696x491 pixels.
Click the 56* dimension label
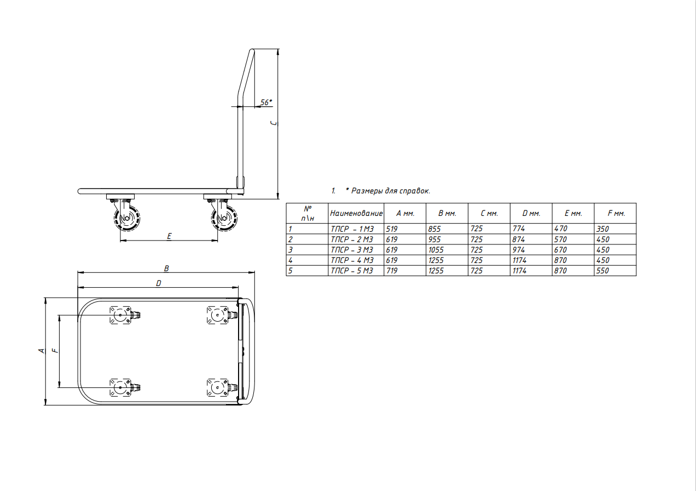pyautogui.click(x=266, y=102)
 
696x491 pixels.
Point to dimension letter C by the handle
pyautogui.click(x=274, y=123)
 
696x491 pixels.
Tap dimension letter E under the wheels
pyautogui.click(x=169, y=237)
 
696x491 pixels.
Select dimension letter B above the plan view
pyautogui.click(x=166, y=269)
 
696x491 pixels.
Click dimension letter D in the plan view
pyautogui.click(x=159, y=283)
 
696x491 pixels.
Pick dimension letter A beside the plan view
pyautogui.click(x=42, y=351)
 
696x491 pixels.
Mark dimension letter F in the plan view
pyautogui.click(x=56, y=351)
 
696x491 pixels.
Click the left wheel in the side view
pyautogui.click(x=127, y=218)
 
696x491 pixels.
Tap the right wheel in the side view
pyautogui.click(x=224, y=218)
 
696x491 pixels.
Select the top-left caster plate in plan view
pyautogui.click(x=120, y=315)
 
